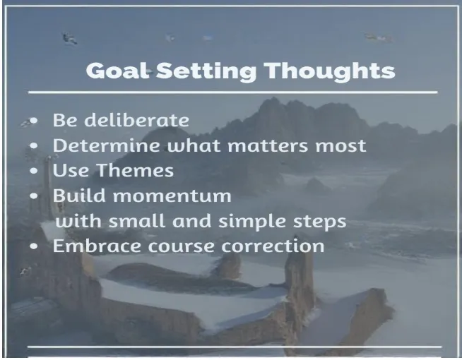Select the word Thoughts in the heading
tap(329, 71)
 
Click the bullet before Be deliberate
tap(33, 121)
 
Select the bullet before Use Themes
tap(33, 172)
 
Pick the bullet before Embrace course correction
tap(33, 247)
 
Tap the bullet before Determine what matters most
tap(33, 146)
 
